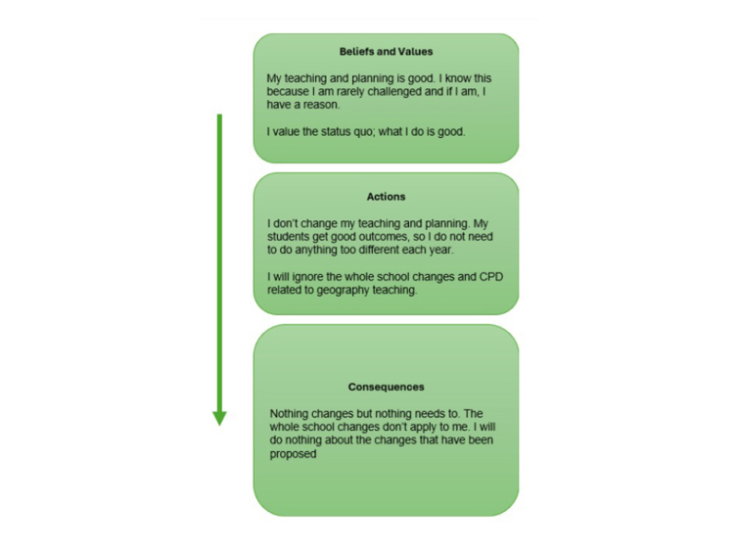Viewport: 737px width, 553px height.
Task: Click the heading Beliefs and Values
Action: coord(386,52)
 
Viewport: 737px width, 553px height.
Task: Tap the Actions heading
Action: coord(386,197)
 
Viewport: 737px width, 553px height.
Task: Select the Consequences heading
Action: coord(386,388)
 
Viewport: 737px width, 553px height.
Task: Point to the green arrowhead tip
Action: coord(219,425)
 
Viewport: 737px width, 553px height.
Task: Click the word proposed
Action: coord(293,454)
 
